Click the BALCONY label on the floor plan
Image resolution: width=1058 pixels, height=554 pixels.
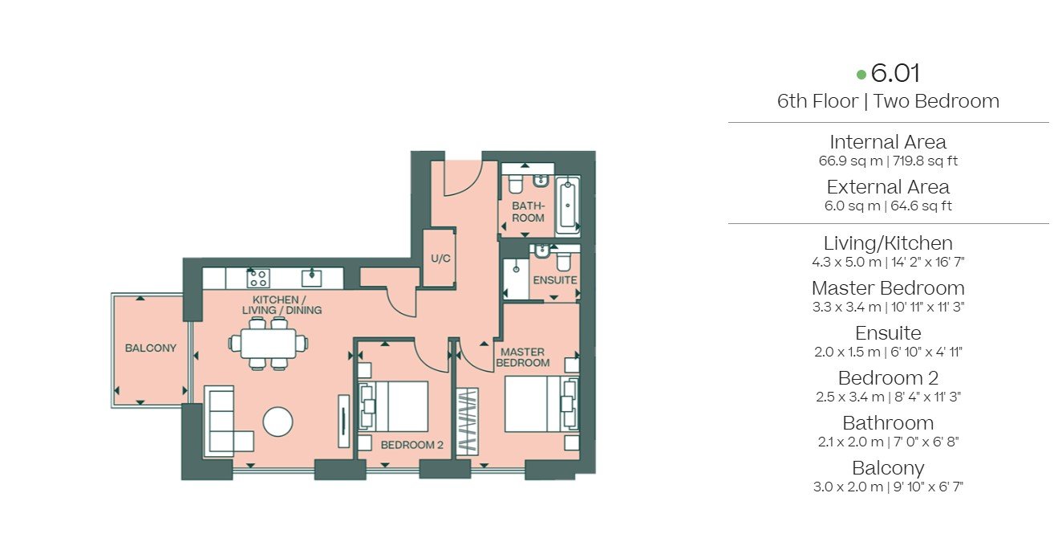point(150,348)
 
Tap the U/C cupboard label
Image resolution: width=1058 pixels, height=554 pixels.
point(440,259)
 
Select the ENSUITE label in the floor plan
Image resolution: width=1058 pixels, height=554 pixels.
point(555,280)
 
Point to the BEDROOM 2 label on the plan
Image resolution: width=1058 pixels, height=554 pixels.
point(411,445)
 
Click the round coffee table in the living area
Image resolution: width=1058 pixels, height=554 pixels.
point(278,422)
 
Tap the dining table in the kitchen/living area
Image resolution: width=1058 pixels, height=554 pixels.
point(268,343)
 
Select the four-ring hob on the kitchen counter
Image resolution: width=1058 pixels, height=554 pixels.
point(258,279)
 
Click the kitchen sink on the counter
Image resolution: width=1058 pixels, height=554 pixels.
point(312,278)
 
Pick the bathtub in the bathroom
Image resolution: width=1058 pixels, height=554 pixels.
point(567,206)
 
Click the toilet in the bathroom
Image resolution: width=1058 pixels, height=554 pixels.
point(515,185)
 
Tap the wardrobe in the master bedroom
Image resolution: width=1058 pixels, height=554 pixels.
point(467,422)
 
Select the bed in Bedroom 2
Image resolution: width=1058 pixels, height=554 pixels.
point(393,406)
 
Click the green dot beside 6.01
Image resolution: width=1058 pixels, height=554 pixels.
point(861,74)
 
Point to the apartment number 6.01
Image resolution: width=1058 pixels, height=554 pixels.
point(895,73)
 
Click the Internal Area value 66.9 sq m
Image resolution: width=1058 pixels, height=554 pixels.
point(850,161)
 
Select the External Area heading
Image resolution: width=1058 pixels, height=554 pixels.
point(888,187)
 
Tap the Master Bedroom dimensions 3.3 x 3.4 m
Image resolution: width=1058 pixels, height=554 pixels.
point(847,307)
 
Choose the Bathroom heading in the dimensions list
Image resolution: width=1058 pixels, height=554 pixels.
point(888,422)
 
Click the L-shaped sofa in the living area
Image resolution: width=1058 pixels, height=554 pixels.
point(228,421)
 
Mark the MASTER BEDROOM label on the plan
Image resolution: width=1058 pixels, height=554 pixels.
point(523,357)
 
